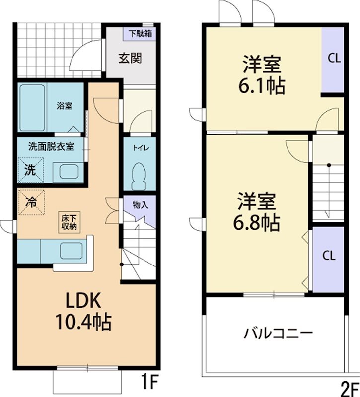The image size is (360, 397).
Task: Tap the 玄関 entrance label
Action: click(130, 58)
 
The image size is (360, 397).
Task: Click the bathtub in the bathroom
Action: click(33, 107)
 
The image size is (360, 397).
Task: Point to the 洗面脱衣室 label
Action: click(51, 146)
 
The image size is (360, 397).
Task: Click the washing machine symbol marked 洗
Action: click(31, 170)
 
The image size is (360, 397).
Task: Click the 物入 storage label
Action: click(141, 204)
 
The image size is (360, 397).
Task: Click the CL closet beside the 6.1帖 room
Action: click(334, 58)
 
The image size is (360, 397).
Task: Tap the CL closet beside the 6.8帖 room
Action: click(328, 256)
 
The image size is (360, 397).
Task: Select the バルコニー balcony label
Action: click(278, 332)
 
